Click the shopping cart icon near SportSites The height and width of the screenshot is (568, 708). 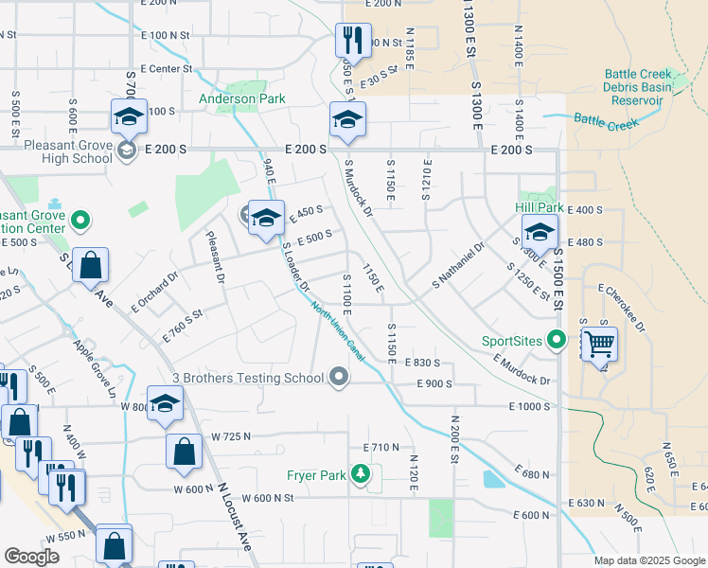pyautogui.click(x=598, y=344)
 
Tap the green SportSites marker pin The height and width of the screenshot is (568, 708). pyautogui.click(x=558, y=339)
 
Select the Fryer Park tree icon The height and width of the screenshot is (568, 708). pyautogui.click(x=360, y=473)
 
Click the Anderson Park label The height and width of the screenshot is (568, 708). pyautogui.click(x=241, y=98)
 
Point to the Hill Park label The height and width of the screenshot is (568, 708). pyautogui.click(x=540, y=206)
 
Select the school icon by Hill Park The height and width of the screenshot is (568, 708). pyautogui.click(x=540, y=231)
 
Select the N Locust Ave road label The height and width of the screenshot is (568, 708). pyautogui.click(x=234, y=519)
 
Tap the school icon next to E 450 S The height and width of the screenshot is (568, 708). pyautogui.click(x=267, y=218)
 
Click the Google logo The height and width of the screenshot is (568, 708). pyautogui.click(x=32, y=557)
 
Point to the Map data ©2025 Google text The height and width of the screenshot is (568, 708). pyautogui.click(x=649, y=560)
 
